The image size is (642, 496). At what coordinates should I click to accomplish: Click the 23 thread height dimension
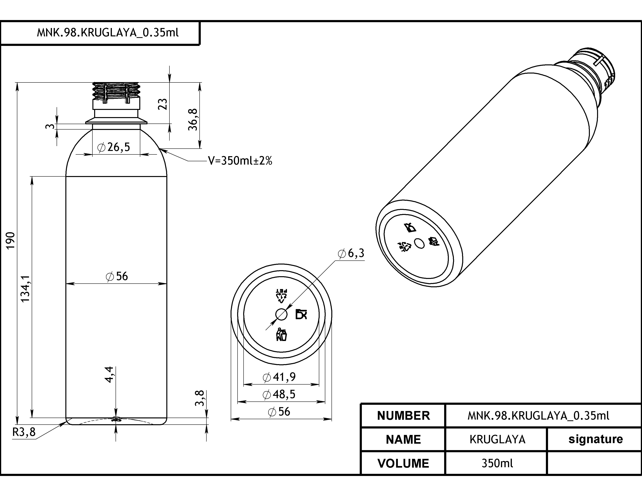coord(163,104)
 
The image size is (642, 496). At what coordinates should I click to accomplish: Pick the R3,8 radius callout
coord(24,432)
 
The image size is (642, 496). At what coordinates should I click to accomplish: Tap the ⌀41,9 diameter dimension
coord(279,377)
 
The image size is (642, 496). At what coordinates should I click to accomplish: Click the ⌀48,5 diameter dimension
coord(279,394)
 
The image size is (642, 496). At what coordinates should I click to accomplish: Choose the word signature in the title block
coord(596,439)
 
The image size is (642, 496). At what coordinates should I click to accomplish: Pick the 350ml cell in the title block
coord(497,463)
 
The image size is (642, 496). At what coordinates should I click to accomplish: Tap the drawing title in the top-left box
coord(108,33)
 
